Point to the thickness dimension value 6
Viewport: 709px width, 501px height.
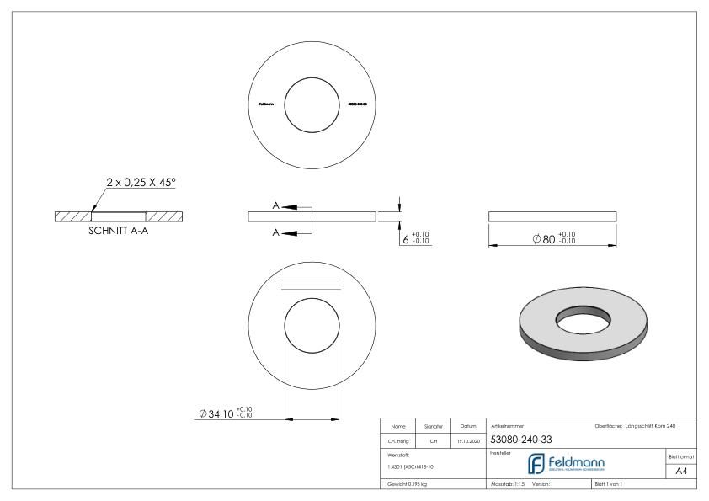[x=406, y=239]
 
